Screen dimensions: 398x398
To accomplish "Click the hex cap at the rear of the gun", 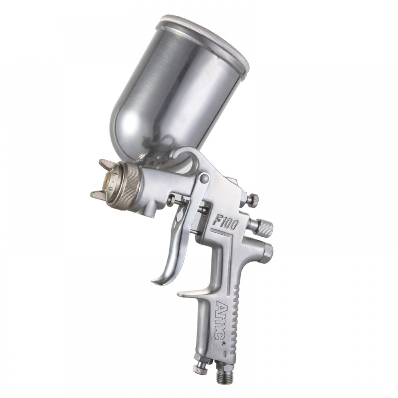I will click(268, 250).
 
